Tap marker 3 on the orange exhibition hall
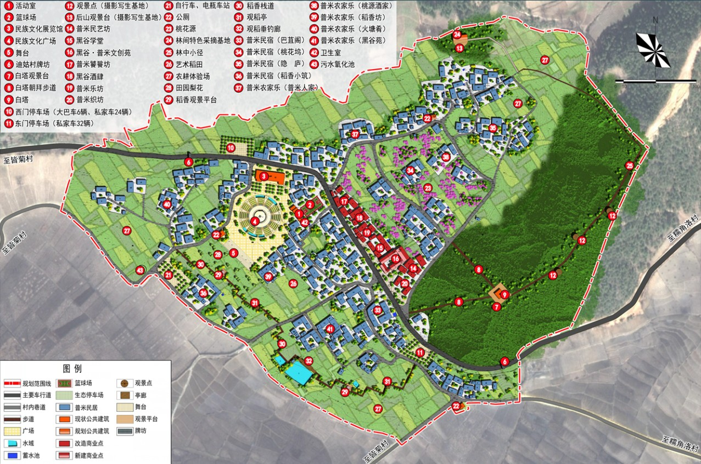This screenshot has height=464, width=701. tap(263, 176)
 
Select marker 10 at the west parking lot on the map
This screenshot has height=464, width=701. tap(231, 147)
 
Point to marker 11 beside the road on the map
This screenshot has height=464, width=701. tap(420, 353)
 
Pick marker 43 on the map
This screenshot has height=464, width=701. tap(140, 270)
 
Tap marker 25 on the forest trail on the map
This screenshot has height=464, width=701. tap(629, 165)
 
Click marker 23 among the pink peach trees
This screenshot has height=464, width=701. tap(428, 188)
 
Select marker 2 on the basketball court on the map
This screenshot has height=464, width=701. tap(310, 204)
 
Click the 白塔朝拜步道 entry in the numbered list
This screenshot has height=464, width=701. tap(36, 88)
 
